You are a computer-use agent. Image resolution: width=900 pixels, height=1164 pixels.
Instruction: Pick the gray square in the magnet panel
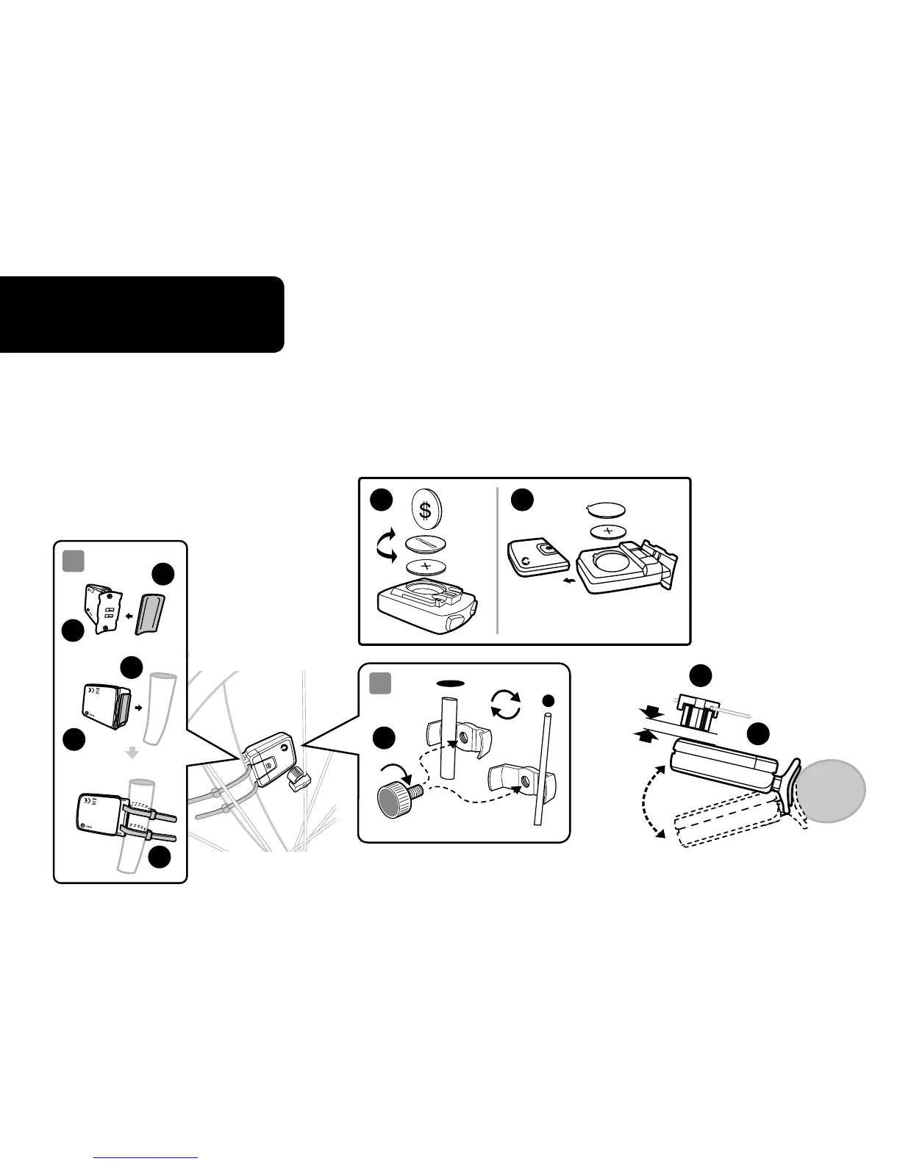click(380, 683)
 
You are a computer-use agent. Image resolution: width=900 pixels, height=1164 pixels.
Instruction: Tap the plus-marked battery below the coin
click(424, 566)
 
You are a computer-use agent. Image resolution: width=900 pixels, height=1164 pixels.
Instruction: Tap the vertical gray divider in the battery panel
click(497, 559)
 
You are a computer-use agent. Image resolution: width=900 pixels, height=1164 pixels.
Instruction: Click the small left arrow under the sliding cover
click(565, 578)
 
